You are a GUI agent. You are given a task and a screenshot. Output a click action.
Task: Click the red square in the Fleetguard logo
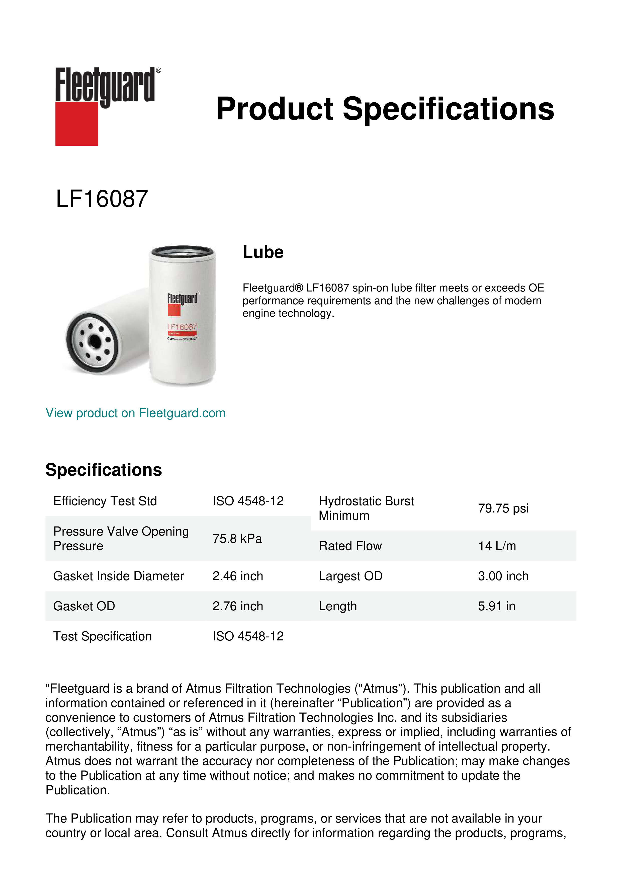tap(77, 123)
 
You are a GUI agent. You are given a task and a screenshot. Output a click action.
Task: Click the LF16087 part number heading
tap(102, 199)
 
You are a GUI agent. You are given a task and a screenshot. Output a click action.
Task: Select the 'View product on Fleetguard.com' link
tap(135, 413)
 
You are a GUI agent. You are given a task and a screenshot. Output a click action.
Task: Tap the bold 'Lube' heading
tap(263, 252)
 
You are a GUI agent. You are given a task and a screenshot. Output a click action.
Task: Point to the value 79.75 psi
tap(503, 508)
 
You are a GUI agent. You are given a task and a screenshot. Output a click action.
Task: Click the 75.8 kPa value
tap(237, 539)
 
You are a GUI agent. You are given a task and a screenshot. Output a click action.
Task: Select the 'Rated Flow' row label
tap(350, 546)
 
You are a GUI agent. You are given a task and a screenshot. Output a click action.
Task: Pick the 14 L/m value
tap(497, 546)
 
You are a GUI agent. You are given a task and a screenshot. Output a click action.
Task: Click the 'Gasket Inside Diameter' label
tap(118, 576)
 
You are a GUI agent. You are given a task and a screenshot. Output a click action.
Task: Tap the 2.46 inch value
tap(237, 576)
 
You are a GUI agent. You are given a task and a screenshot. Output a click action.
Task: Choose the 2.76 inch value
tap(237, 606)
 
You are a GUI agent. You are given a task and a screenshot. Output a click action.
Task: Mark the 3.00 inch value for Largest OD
tap(503, 576)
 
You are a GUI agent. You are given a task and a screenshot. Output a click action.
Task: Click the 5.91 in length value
tap(496, 606)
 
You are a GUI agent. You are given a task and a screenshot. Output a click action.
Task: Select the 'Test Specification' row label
tap(102, 636)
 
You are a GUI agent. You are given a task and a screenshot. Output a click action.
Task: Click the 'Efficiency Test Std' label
tap(105, 501)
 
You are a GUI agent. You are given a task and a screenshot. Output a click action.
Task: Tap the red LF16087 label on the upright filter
tap(182, 327)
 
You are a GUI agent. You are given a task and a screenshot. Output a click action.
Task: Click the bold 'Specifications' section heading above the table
tap(103, 470)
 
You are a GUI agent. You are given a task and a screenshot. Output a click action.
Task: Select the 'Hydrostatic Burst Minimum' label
tap(366, 508)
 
